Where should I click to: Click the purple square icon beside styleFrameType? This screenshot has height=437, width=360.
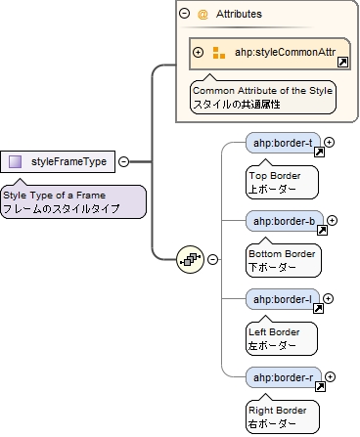tap(16, 161)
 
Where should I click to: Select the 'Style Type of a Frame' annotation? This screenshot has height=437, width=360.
tap(72, 202)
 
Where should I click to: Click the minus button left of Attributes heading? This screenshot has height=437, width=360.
tap(184, 14)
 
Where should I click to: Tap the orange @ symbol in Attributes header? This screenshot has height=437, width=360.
tap(202, 15)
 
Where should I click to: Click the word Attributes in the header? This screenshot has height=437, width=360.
tap(239, 15)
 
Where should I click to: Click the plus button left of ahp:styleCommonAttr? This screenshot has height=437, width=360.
tap(199, 53)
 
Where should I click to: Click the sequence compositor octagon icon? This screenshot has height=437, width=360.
tap(190, 260)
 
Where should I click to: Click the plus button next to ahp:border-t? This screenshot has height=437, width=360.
tap(330, 143)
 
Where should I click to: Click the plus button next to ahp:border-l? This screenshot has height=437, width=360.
tap(330, 298)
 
